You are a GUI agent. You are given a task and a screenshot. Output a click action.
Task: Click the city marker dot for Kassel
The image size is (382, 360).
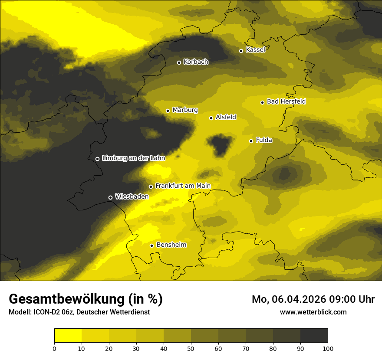click(241, 51)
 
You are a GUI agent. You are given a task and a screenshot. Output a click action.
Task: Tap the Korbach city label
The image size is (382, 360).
click(196, 62)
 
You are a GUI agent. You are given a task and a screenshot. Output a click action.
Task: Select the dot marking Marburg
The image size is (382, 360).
click(168, 111)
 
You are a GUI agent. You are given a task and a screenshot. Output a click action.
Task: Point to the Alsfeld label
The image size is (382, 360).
click(226, 117)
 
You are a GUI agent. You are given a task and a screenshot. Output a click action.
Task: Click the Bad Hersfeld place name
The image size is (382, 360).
click(286, 101)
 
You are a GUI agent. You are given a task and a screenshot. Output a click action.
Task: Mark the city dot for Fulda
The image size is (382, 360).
click(251, 141)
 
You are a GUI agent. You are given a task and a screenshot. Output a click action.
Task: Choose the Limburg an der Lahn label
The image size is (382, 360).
click(133, 158)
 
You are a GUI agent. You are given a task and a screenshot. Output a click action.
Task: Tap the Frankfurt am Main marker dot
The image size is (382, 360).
click(151, 187)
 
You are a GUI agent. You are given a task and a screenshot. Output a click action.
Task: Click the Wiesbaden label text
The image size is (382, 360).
click(132, 196)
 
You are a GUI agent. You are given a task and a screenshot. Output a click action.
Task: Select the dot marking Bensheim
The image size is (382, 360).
click(151, 245)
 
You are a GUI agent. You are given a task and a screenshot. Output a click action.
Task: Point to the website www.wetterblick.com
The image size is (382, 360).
click(313, 312)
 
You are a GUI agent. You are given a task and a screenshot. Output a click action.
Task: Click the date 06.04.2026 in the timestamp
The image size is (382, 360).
click(300, 299)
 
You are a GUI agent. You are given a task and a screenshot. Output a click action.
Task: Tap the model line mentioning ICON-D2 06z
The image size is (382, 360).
click(79, 312)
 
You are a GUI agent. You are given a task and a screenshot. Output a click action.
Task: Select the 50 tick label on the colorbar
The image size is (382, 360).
click(191, 348)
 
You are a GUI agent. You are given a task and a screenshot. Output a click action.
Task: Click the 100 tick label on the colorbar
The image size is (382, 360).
click(328, 348)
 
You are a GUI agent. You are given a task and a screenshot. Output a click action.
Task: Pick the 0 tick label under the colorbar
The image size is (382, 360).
click(54, 348)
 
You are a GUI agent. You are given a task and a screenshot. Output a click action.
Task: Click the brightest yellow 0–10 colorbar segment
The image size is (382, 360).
click(68, 336)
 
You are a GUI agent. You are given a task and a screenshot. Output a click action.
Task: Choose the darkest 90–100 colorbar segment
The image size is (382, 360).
click(314, 336)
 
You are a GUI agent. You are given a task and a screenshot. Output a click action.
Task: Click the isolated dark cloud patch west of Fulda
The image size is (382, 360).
click(220, 145)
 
